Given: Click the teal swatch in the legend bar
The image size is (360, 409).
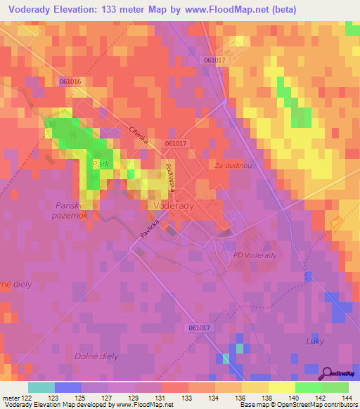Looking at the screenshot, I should tap(41, 387).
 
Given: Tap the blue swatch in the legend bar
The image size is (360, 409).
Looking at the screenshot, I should tap(67, 387).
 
